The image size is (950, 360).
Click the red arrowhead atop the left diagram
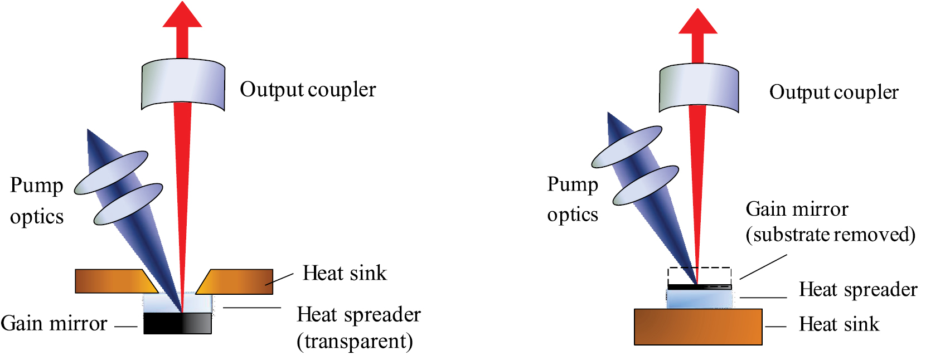(182, 16)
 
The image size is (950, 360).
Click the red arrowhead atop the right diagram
(697, 22)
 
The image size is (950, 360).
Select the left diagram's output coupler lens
(183, 84)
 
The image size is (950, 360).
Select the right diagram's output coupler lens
(699, 88)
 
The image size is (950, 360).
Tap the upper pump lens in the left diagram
(111, 173)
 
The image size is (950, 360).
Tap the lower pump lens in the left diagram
(128, 204)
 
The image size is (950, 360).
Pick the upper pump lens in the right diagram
(627, 147)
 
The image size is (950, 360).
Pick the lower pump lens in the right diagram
(646, 185)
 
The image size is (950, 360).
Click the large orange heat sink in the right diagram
(697, 327)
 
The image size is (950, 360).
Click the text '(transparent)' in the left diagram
(355, 341)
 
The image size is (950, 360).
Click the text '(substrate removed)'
(830, 235)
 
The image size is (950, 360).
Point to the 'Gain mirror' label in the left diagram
(54, 323)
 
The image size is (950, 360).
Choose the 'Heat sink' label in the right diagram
(838, 324)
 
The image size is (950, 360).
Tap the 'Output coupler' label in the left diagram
(308, 90)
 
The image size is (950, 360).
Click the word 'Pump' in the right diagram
(573, 184)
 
